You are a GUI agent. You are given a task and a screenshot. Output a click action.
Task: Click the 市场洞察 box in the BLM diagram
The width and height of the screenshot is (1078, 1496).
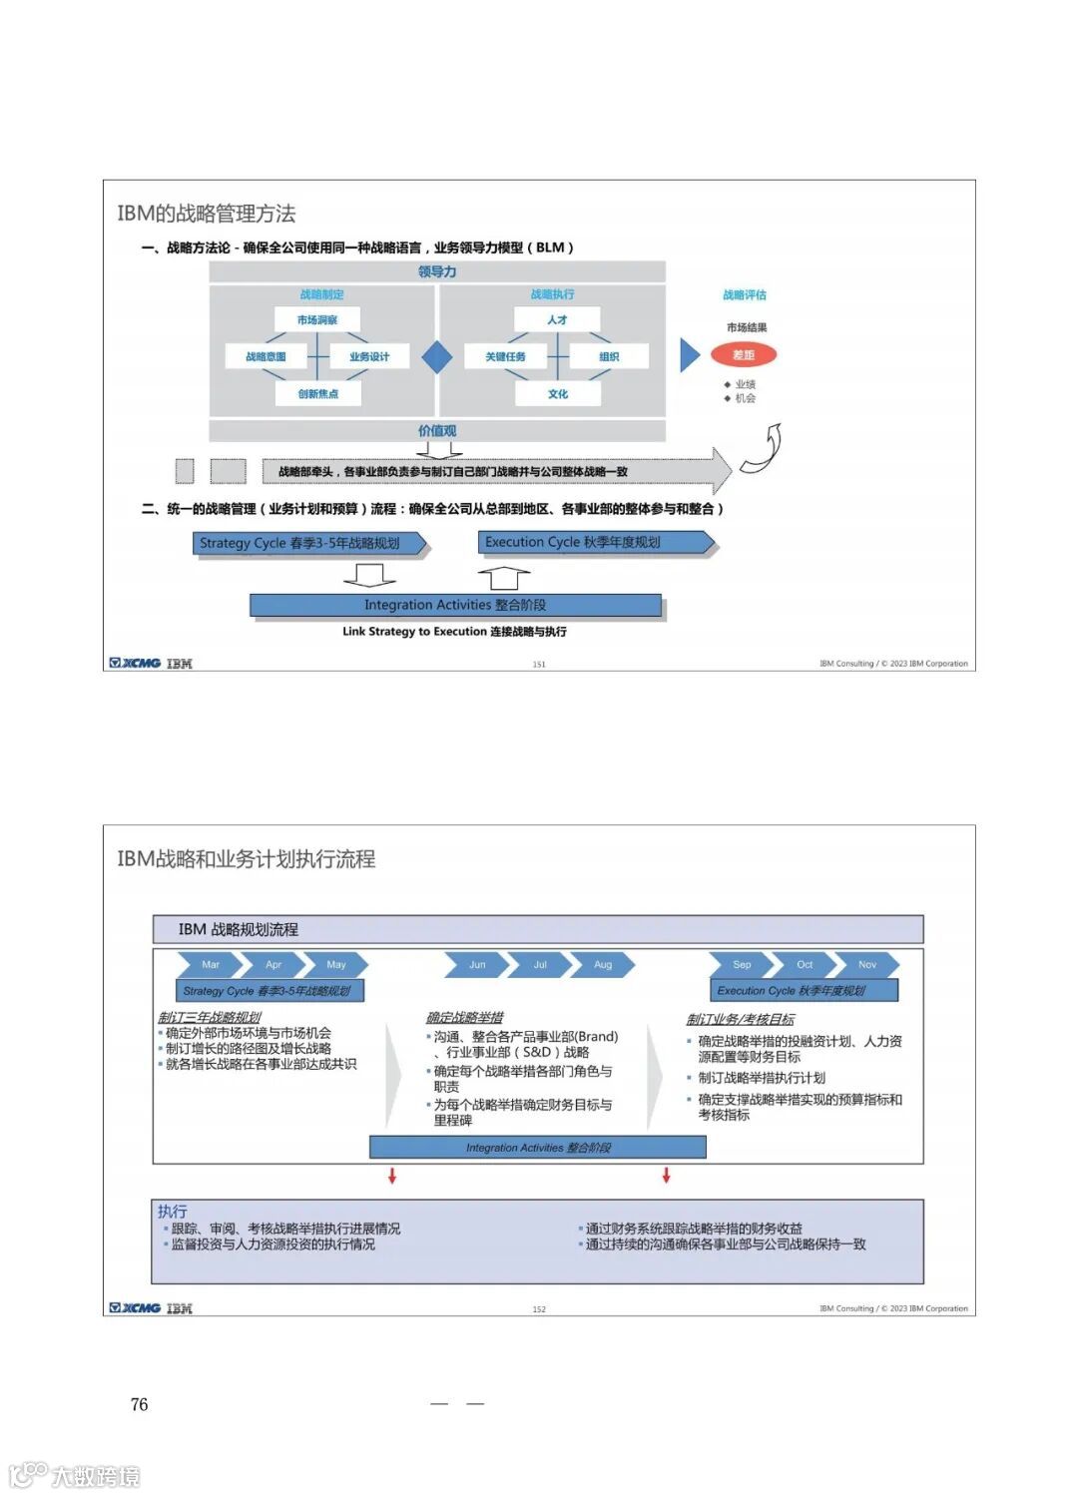pyautogui.click(x=317, y=320)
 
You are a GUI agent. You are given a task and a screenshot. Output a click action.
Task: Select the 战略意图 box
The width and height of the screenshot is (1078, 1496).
pyautogui.click(x=266, y=356)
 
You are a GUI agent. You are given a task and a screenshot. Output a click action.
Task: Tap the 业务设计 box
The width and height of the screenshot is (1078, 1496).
pyautogui.click(x=369, y=356)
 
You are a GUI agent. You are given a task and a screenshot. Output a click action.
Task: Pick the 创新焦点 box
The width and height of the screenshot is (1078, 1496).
pyautogui.click(x=317, y=393)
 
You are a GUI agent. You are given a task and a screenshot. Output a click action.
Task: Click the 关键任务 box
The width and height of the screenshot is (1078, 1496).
pyautogui.click(x=506, y=356)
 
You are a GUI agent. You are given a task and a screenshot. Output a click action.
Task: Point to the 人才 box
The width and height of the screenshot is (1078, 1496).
pyautogui.click(x=557, y=319)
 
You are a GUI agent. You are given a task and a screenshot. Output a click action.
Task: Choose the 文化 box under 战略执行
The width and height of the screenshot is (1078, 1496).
pyautogui.click(x=558, y=393)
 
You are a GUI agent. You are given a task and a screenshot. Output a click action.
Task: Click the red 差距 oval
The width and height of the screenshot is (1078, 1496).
pyautogui.click(x=744, y=354)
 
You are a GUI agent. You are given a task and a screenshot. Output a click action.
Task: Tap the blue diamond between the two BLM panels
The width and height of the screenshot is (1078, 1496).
pyautogui.click(x=437, y=356)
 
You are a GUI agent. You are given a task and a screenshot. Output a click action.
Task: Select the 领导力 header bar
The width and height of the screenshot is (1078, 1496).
pyautogui.click(x=437, y=271)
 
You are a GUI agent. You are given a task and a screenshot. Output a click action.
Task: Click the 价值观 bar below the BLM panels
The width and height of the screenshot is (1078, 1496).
pyautogui.click(x=437, y=431)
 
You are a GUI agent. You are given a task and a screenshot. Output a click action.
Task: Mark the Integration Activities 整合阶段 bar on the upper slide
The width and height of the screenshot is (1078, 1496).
pyautogui.click(x=455, y=605)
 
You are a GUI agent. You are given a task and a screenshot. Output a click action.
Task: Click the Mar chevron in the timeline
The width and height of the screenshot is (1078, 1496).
pyautogui.click(x=211, y=965)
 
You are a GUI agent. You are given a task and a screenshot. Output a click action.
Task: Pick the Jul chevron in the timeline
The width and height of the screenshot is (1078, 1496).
pyautogui.click(x=540, y=965)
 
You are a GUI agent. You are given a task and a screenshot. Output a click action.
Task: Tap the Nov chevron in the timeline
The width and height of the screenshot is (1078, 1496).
pyautogui.click(x=867, y=965)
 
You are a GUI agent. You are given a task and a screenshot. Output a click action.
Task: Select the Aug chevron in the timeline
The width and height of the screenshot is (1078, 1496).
pyautogui.click(x=603, y=965)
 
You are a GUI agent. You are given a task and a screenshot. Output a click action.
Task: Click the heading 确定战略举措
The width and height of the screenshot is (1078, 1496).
pyautogui.click(x=464, y=1017)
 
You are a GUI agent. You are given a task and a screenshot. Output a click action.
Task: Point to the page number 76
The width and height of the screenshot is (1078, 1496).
pyautogui.click(x=139, y=1405)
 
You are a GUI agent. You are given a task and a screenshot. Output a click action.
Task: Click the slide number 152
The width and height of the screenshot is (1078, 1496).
pyautogui.click(x=539, y=1309)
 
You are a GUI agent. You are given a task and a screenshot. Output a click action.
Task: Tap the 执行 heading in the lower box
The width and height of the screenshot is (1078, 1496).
pyautogui.click(x=172, y=1211)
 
